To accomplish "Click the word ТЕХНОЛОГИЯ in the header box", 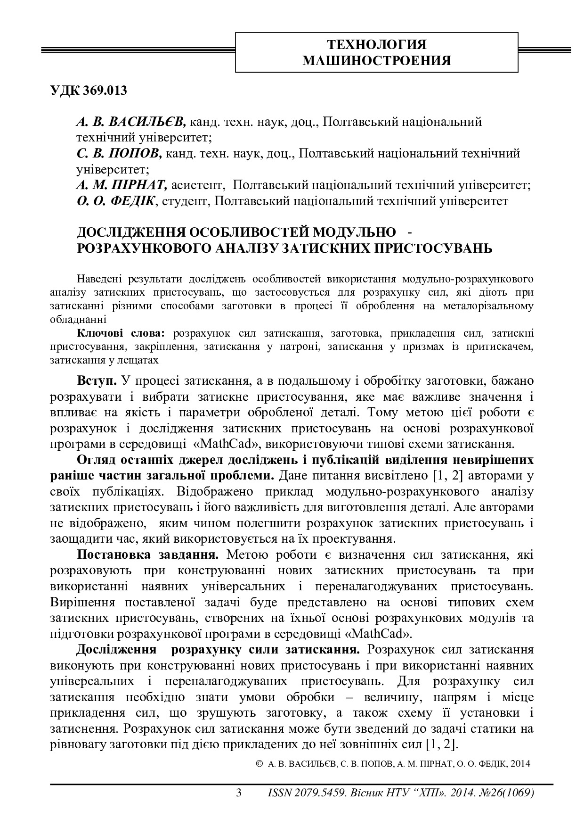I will point(376,45).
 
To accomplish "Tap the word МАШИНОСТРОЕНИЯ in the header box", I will point(376,61).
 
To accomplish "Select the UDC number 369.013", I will point(105,91).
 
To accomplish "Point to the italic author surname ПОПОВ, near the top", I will point(137,154).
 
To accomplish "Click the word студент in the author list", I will point(185,201).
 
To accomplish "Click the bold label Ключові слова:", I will point(121,333).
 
